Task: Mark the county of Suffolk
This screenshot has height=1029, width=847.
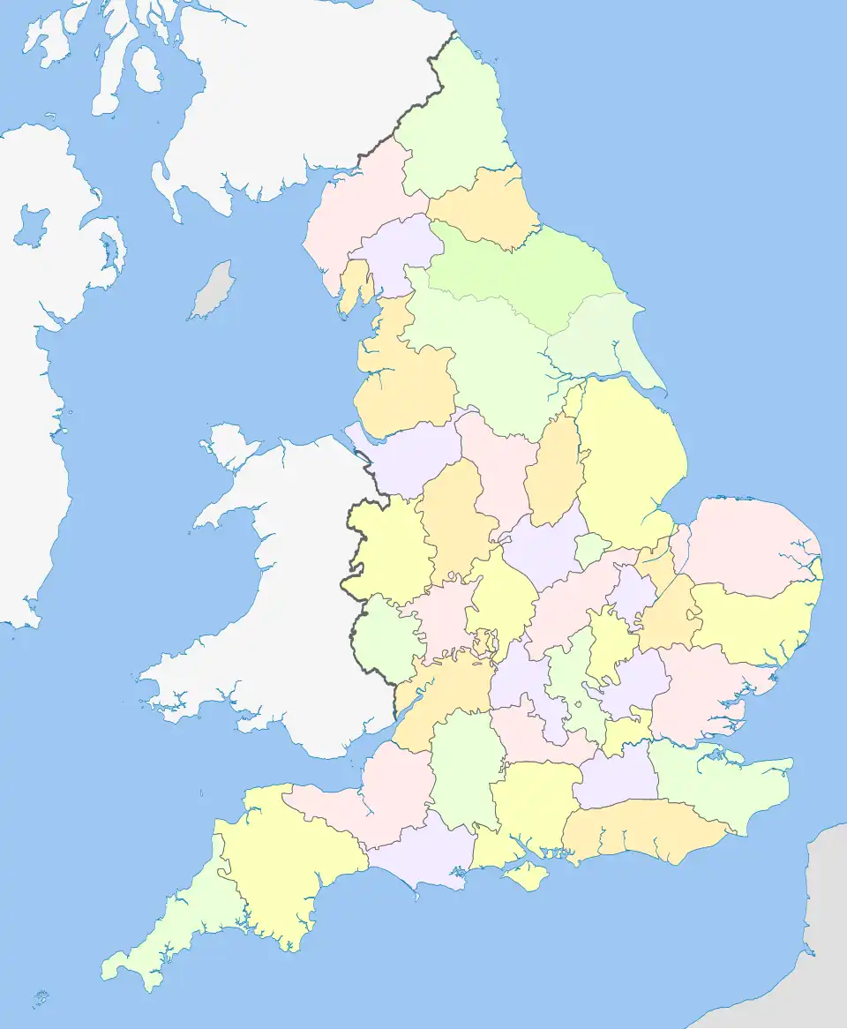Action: [750, 622]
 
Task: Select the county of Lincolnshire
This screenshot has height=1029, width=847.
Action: [626, 459]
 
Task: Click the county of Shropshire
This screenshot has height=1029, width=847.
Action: [388, 547]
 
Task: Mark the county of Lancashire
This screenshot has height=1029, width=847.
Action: [406, 379]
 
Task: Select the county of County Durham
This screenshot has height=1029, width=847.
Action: [481, 207]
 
